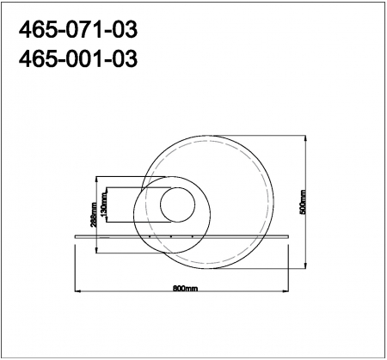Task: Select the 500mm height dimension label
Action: click(x=303, y=203)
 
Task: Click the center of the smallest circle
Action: click(x=179, y=207)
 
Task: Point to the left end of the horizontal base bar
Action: click(x=76, y=231)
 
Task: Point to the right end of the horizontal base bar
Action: click(x=297, y=231)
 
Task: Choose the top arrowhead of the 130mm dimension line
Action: click(x=107, y=189)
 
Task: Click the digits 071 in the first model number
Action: click(x=77, y=31)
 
